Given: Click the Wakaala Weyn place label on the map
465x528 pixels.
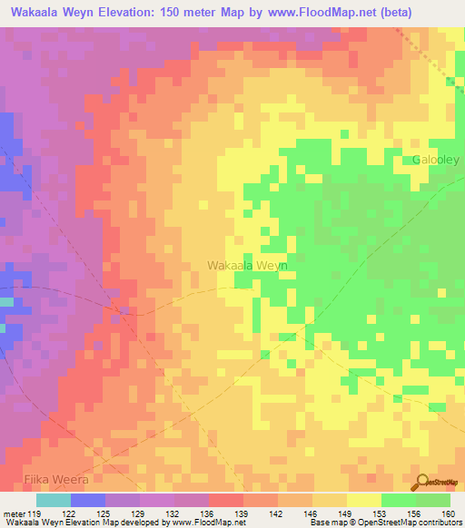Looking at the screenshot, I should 247,265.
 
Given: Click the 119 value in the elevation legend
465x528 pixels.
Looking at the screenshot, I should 36,514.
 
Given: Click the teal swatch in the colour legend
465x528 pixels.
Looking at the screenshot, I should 53,500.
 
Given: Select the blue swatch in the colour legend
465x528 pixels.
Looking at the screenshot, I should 87,500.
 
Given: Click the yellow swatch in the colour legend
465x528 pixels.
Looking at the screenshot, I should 363,500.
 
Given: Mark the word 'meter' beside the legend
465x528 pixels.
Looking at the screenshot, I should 13,514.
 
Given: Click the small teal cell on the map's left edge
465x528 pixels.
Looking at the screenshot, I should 7,301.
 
